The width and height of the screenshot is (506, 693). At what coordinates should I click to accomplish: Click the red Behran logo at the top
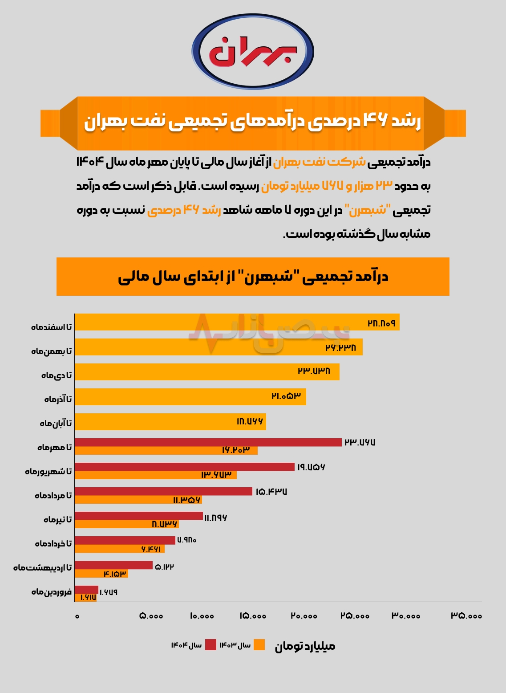click(253, 52)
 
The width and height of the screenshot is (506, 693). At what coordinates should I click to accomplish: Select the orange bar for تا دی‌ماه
click(207, 372)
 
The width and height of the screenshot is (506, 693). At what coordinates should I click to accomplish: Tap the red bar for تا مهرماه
click(208, 442)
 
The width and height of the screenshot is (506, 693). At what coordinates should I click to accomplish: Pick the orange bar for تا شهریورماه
click(155, 475)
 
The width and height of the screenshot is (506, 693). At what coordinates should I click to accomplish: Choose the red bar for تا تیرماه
click(138, 516)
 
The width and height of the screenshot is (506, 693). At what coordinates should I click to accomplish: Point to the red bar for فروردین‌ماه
click(86, 590)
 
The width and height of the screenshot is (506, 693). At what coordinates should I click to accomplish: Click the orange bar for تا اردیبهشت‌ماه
click(101, 574)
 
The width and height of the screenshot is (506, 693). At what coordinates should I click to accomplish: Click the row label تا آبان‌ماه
click(56, 423)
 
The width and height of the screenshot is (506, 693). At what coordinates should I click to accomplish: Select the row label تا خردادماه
click(53, 543)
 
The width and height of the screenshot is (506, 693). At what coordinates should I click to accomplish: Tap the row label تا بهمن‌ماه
click(51, 351)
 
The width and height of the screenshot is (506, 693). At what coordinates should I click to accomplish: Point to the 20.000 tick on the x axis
click(304, 616)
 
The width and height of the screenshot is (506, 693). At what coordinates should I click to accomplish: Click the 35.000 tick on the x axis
click(466, 616)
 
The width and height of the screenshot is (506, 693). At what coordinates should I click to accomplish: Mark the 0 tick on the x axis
click(77, 616)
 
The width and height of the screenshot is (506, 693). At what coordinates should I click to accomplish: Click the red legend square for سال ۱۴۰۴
click(210, 645)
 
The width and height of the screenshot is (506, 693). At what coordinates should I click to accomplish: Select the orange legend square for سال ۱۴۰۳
click(259, 645)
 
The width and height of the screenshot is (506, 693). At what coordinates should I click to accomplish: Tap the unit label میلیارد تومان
click(305, 646)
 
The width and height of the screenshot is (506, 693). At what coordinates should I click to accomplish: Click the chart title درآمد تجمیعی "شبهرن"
click(253, 277)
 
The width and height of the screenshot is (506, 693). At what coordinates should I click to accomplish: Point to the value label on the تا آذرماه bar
click(286, 395)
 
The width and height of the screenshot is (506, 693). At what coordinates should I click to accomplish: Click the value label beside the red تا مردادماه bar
click(271, 492)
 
